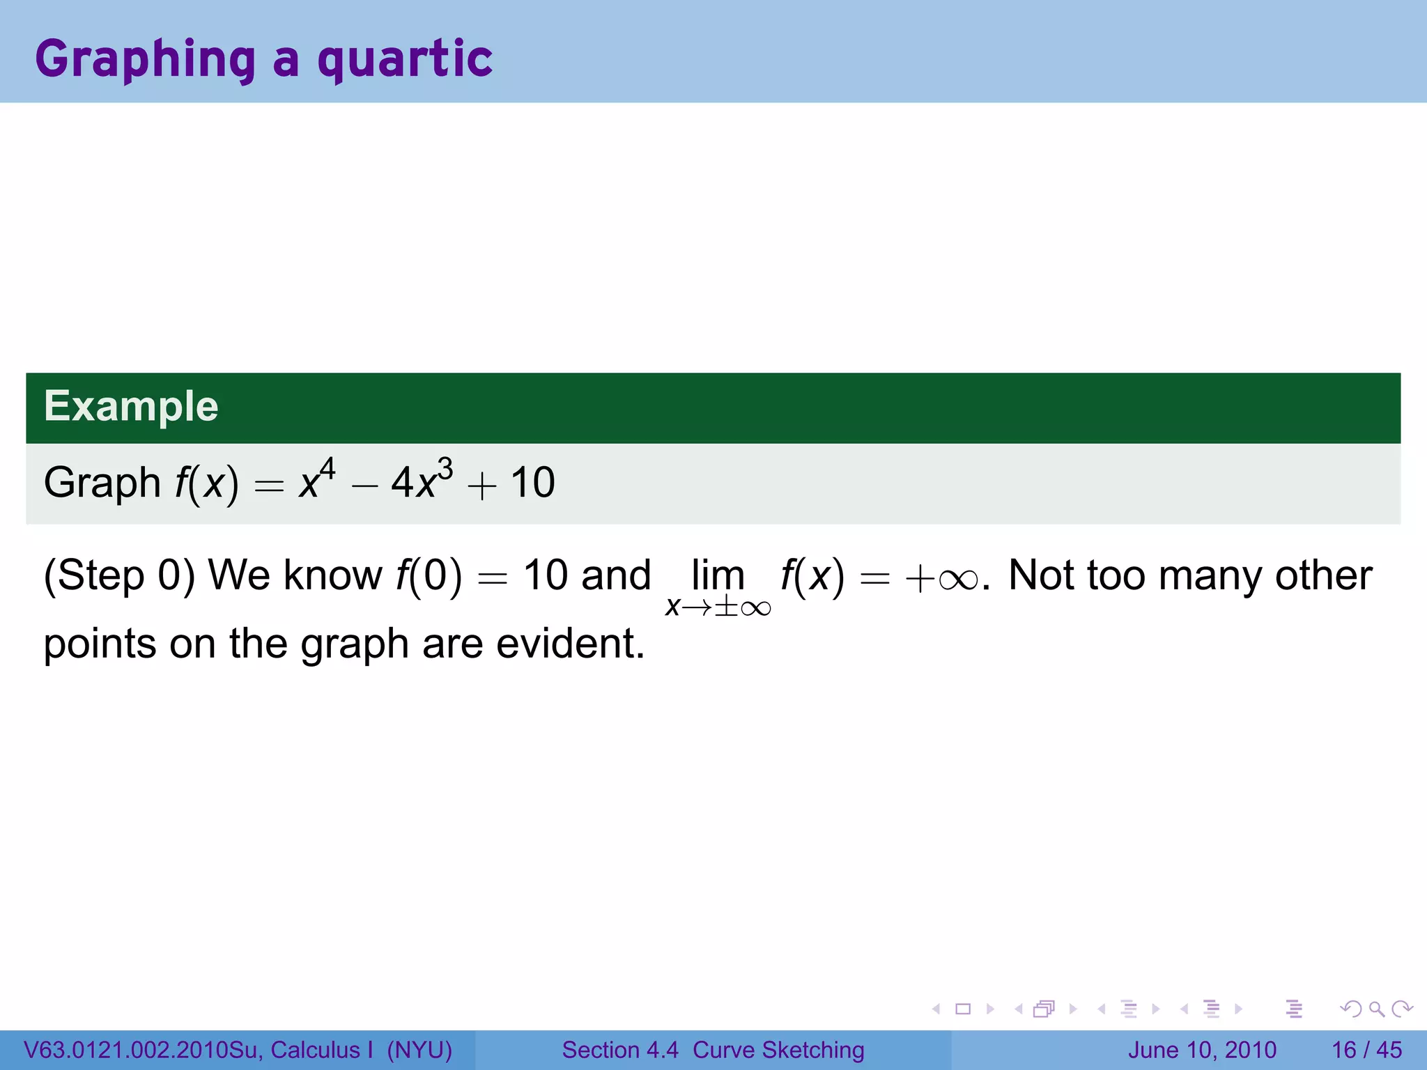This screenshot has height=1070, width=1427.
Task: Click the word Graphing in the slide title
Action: [145, 60]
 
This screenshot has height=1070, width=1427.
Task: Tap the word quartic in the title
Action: [405, 60]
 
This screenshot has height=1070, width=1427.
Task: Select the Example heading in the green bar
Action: [131, 406]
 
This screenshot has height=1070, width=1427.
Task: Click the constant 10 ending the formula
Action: [532, 483]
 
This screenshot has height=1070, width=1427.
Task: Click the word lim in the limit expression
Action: [718, 575]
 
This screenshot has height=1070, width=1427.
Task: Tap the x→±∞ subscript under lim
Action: [718, 607]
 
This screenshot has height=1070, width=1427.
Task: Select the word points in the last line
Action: [100, 644]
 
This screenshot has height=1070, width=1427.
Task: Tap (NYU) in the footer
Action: [419, 1050]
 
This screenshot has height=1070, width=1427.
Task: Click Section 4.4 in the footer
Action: [619, 1050]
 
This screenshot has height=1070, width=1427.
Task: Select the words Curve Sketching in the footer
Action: [778, 1050]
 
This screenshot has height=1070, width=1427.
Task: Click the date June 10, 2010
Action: [1202, 1050]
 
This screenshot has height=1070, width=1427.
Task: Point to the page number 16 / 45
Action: [1366, 1050]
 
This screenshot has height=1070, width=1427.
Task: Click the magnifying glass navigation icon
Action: [1376, 1009]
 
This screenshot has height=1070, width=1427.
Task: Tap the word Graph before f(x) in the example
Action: [102, 483]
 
